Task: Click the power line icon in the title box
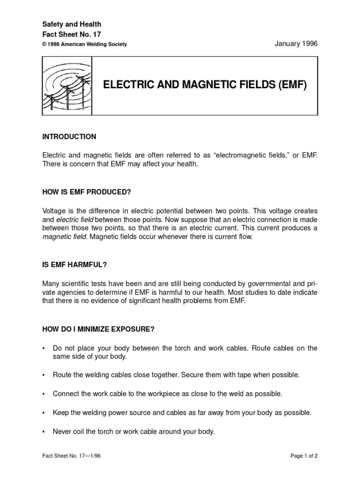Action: pos(67,86)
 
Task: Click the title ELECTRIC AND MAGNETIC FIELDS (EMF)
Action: pos(205,86)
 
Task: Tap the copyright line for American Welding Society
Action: pos(84,45)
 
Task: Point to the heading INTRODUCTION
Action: pos(69,137)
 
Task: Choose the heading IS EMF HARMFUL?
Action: pos(75,265)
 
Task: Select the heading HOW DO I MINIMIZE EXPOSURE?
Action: pos(98,329)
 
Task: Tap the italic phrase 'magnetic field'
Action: pos(65,237)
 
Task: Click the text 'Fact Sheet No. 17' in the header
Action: pos(71,34)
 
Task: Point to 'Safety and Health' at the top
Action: pos(71,24)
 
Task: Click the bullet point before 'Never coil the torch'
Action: pos(44,432)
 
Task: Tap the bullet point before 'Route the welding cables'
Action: pos(44,375)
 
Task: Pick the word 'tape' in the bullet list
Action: pos(247,375)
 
